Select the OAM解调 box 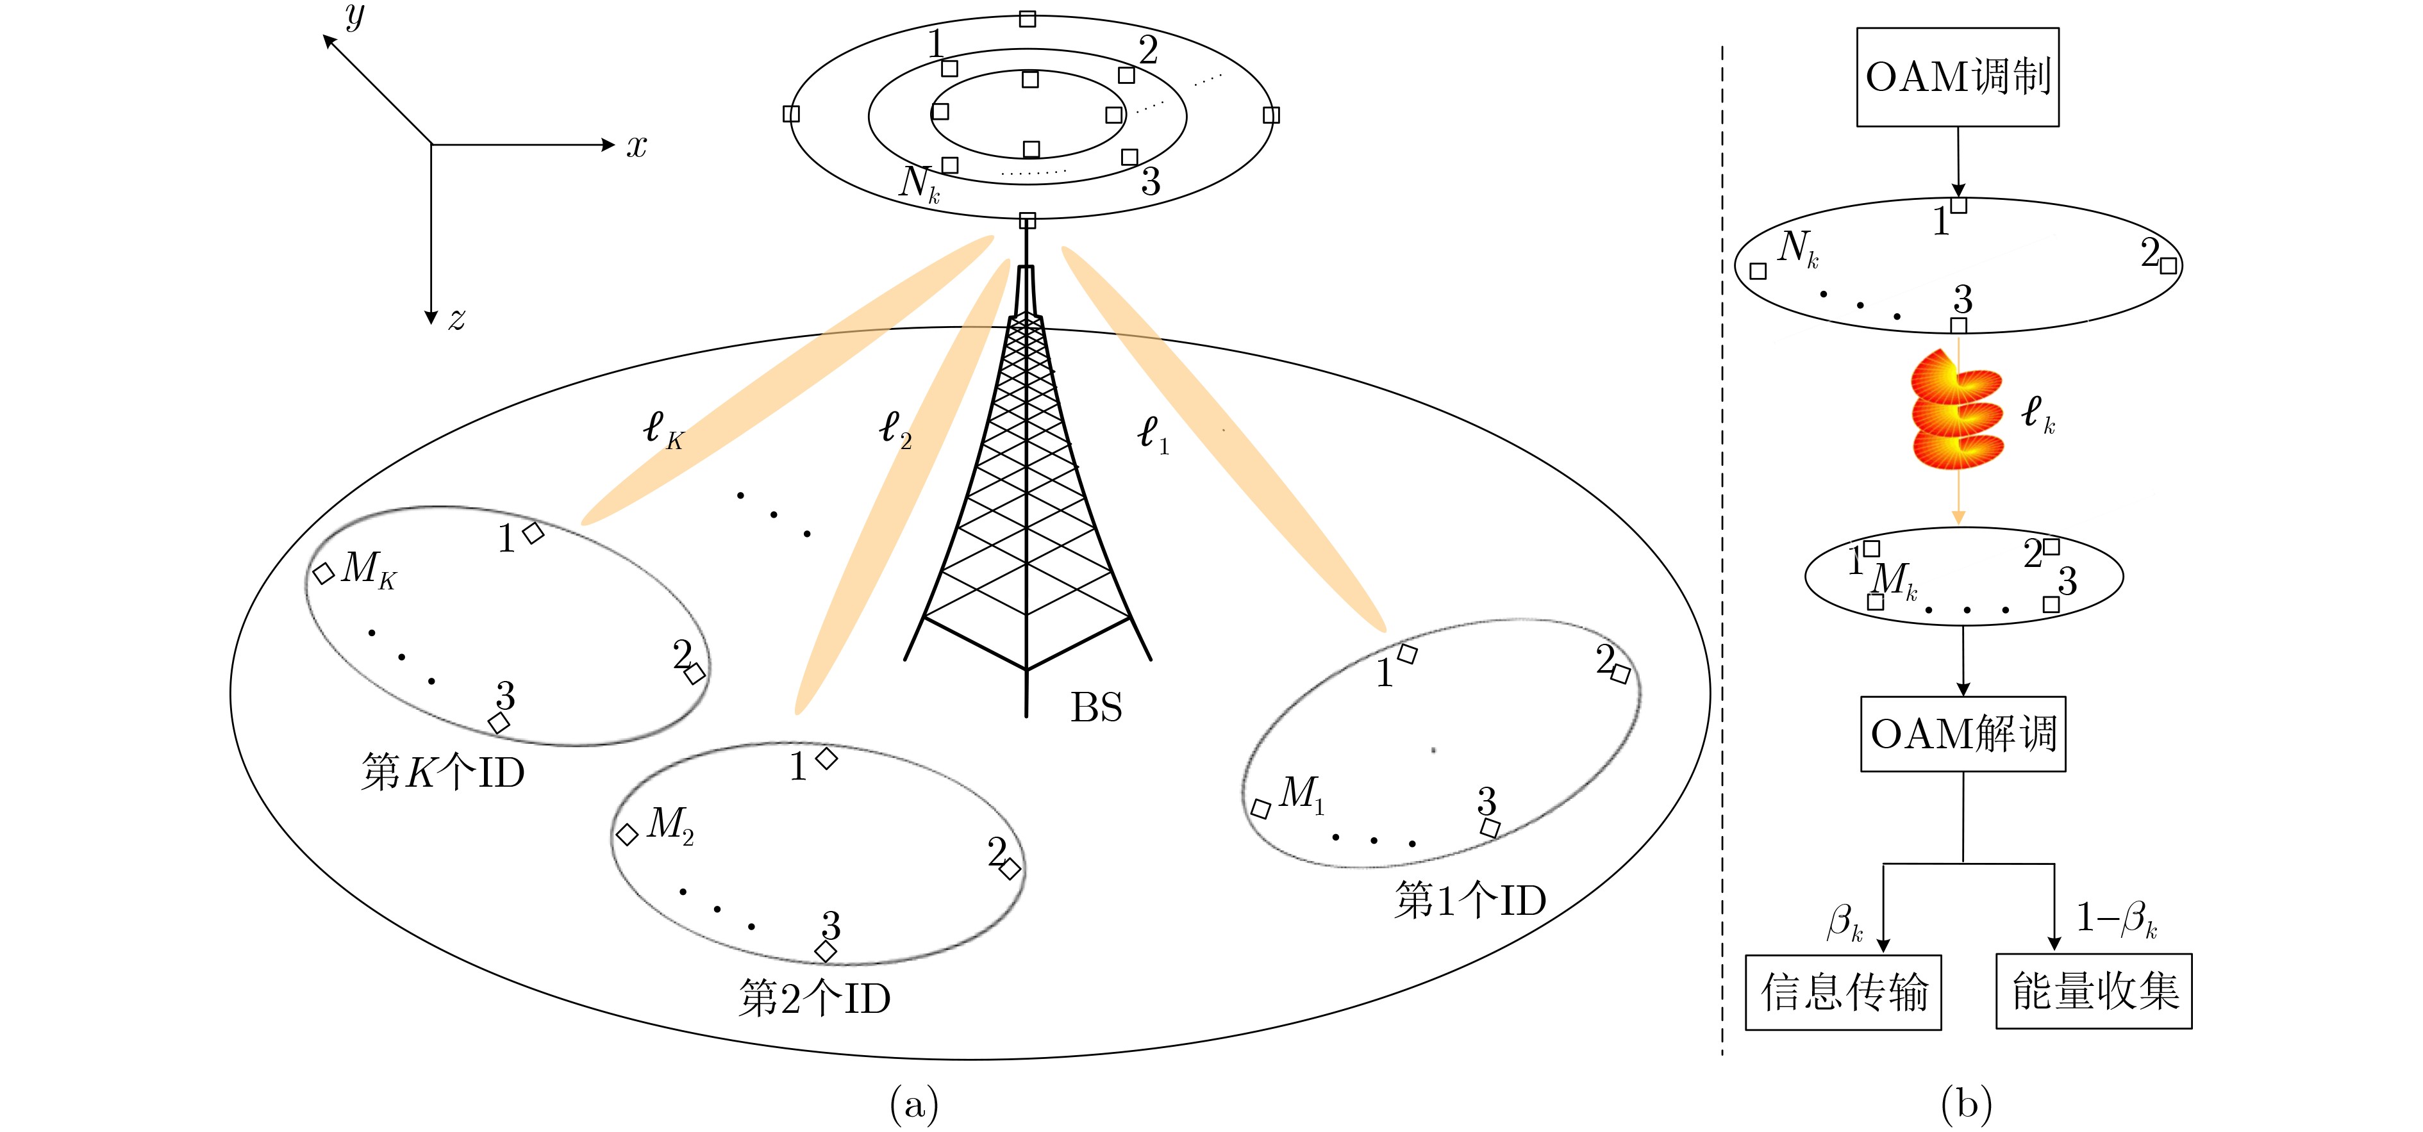click(x=1962, y=734)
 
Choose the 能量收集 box click(x=2093, y=992)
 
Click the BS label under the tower click(x=1096, y=708)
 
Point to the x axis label click(x=637, y=145)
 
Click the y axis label click(x=354, y=16)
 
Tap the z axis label click(x=456, y=320)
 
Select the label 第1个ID click(x=1470, y=901)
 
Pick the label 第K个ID click(x=442, y=773)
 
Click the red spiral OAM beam click(x=1956, y=409)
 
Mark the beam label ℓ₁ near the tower click(x=1153, y=434)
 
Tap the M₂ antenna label click(x=670, y=826)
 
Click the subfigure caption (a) click(x=913, y=1103)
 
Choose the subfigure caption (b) click(x=1966, y=1103)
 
